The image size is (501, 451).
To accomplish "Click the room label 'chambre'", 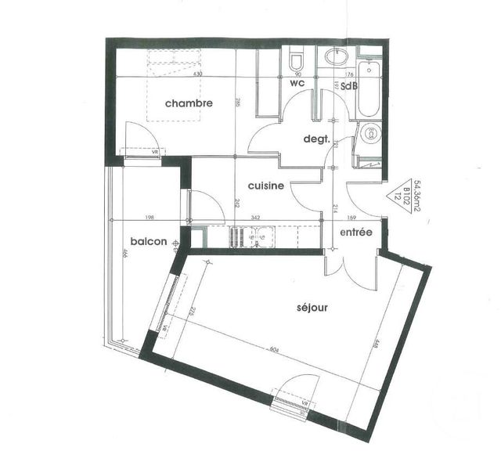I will pos(189,103).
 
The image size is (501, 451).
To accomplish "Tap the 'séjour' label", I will pos(312,308).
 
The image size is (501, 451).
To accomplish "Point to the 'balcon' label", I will pos(149,241).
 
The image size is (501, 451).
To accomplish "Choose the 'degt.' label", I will pos(319,139).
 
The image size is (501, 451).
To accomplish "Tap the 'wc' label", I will pos(297,82).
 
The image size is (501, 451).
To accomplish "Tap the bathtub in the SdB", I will pos(368,86).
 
